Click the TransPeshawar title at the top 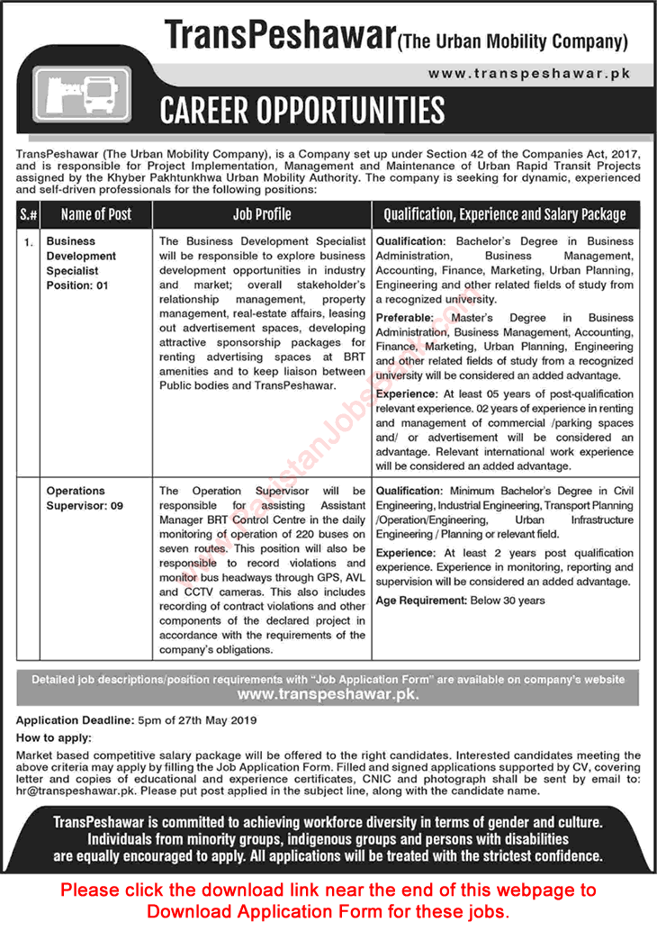[279, 35]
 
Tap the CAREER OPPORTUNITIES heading [301, 110]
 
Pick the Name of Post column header [95, 214]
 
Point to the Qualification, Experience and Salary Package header [504, 214]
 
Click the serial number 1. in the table [28, 242]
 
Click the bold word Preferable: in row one [405, 318]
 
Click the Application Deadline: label [71, 720]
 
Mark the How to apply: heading [51, 737]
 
